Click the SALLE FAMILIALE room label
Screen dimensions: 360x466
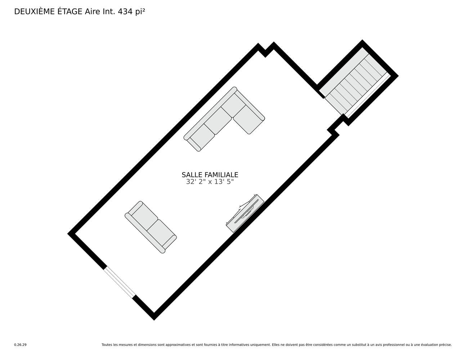[x=210, y=175]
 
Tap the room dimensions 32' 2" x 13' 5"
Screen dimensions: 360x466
[x=210, y=182]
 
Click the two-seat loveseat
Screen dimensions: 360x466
[x=151, y=227]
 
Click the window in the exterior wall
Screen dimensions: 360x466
[x=120, y=283]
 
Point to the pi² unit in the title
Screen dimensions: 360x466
[x=140, y=12]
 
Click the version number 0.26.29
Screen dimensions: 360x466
[x=20, y=345]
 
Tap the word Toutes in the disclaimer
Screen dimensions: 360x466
[x=107, y=345]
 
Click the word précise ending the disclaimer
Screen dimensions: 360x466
[x=445, y=345]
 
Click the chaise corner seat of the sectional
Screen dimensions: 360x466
[x=248, y=121]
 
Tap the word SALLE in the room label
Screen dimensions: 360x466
[x=191, y=175]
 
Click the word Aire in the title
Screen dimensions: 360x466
[x=91, y=12]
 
